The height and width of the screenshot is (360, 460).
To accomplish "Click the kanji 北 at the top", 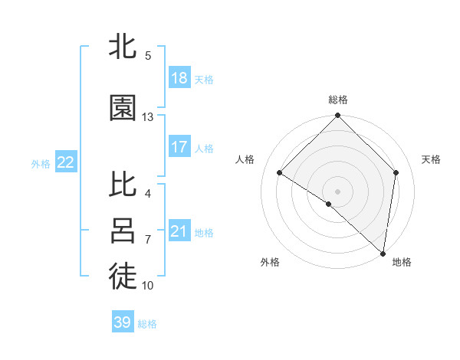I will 123,47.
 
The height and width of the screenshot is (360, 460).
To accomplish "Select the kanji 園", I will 123,109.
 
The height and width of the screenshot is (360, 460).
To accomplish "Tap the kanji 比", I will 123,185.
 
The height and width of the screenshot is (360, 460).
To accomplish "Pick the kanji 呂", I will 123,231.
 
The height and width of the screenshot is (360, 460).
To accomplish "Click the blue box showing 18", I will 179,78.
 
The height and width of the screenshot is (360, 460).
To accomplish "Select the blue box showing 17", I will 179,147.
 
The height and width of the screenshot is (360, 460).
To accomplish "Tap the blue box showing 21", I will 179,231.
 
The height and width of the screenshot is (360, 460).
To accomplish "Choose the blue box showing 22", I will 66,162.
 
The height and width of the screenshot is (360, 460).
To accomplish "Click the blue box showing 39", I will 123,322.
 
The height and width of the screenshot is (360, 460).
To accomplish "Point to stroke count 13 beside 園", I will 148,117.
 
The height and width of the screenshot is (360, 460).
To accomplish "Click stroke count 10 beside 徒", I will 148,286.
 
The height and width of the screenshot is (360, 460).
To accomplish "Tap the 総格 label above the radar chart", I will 337,100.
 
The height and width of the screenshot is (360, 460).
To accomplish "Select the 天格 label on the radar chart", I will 431,159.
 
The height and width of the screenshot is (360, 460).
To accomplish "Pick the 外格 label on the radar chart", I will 270,262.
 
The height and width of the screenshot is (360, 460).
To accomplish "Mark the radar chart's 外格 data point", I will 329,204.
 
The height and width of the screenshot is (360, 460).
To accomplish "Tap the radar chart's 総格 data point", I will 337,116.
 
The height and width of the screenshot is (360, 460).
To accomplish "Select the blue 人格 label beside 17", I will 204,148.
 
